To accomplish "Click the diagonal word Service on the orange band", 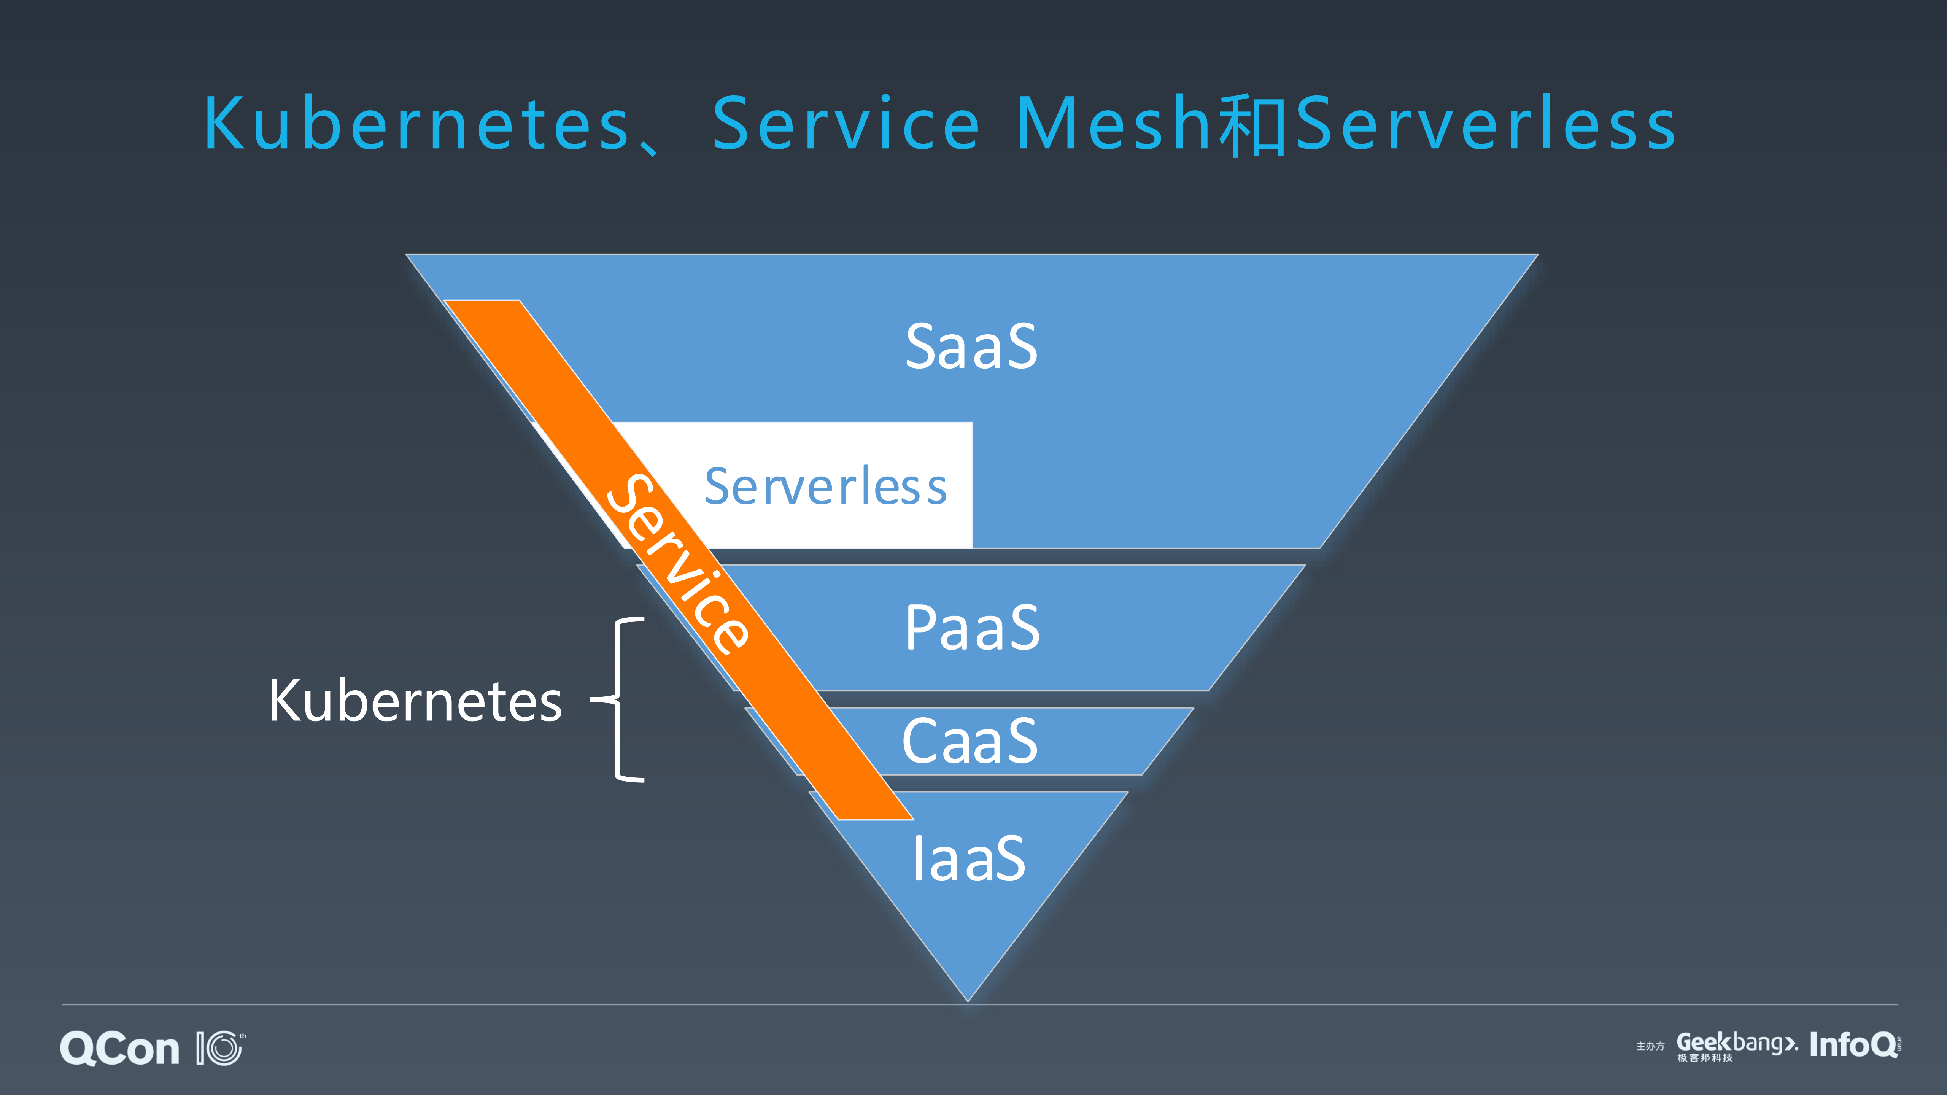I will coord(679,563).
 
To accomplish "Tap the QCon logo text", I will coord(119,1049).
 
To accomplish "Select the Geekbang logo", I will coord(1736,1043).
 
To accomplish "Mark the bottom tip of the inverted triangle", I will coord(968,999).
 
